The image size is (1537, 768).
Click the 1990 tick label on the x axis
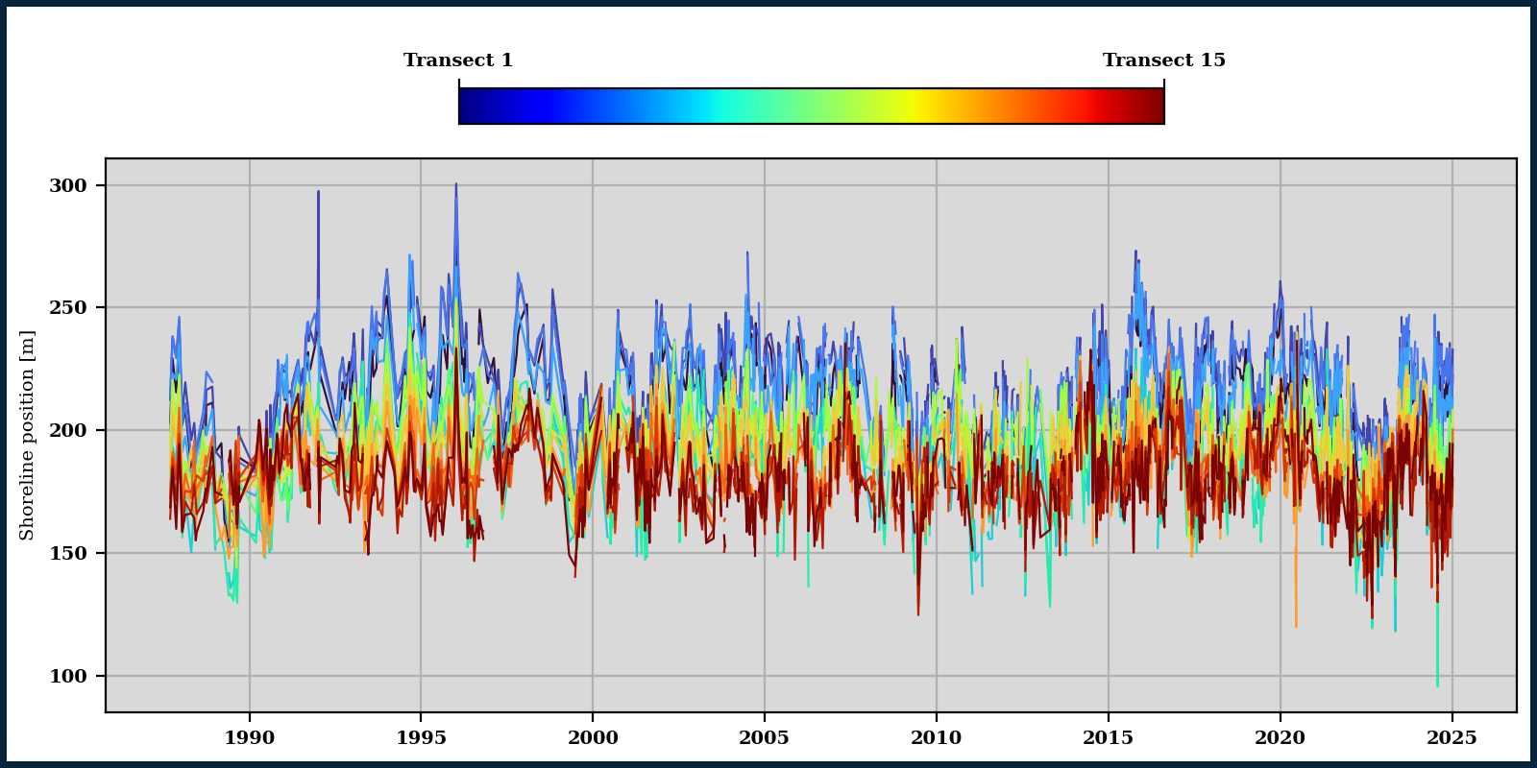[x=249, y=738]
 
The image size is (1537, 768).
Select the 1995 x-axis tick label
[x=421, y=738]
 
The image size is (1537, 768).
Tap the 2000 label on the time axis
[x=593, y=738]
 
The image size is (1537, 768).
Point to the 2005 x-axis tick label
[x=764, y=738]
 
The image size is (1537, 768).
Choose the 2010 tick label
[x=936, y=738]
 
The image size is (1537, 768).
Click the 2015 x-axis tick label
[x=1108, y=738]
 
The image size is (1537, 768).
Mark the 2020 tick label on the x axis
[x=1280, y=738]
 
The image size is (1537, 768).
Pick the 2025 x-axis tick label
[x=1452, y=738]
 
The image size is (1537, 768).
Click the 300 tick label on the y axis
[x=67, y=185]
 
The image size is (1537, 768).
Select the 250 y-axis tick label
[x=67, y=308]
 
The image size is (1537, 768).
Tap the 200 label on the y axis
[x=67, y=430]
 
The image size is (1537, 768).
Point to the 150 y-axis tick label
[x=67, y=553]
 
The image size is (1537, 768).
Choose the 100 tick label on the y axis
[x=67, y=676]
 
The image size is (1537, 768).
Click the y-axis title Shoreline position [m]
[x=27, y=435]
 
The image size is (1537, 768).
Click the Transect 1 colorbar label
[x=458, y=60]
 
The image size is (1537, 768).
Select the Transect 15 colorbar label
[x=1163, y=60]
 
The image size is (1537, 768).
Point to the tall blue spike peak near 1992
[x=318, y=192]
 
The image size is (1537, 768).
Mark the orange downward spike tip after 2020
[x=1296, y=626]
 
